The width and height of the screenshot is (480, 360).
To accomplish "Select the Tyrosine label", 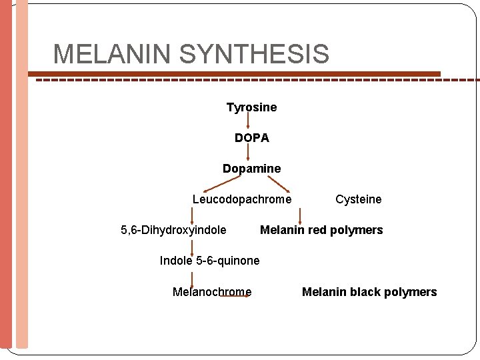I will coord(251,107).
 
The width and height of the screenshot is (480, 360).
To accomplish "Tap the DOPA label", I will coord(251,138).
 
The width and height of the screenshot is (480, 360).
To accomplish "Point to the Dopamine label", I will coord(251,169).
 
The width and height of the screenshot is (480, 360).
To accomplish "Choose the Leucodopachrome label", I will coord(241,199).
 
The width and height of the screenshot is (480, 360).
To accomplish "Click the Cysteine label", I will coord(358,199).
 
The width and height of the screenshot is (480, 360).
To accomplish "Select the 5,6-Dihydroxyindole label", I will coord(173,230).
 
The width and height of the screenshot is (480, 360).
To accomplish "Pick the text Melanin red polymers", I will coord(321,230).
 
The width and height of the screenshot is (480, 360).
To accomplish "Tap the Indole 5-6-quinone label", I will coord(209,261).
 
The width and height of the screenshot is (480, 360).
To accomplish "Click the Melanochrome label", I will coord(212,292).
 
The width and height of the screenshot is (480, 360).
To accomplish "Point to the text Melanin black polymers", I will coord(369,292).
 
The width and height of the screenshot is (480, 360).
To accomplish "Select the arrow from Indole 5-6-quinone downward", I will coord(193,277).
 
